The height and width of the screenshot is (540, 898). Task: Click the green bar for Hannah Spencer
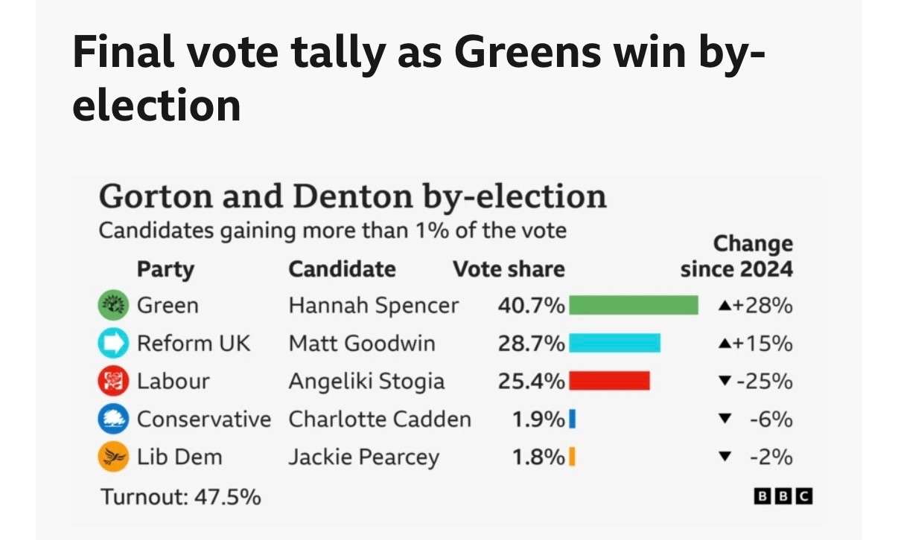(633, 305)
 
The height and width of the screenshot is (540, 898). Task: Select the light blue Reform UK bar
(614, 343)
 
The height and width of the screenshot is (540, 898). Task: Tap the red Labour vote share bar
(609, 381)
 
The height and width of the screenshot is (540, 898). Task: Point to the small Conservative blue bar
(572, 420)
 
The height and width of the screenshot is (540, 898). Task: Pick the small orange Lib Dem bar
(572, 457)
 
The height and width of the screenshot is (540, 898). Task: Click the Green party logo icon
(113, 305)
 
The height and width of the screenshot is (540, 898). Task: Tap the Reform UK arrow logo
(113, 343)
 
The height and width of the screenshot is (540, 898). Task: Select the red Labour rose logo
(113, 382)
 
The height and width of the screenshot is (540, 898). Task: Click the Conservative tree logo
(113, 420)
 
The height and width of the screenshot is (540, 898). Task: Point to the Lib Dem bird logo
(113, 457)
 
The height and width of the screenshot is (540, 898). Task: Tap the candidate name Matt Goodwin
(362, 343)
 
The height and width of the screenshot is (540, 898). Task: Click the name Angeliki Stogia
(366, 382)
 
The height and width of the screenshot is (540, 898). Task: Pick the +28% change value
(764, 305)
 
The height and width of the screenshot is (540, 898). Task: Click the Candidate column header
(342, 269)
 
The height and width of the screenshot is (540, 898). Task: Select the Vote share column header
(509, 269)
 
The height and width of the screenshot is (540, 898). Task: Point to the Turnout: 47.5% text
(181, 496)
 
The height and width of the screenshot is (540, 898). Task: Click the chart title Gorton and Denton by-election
(352, 196)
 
